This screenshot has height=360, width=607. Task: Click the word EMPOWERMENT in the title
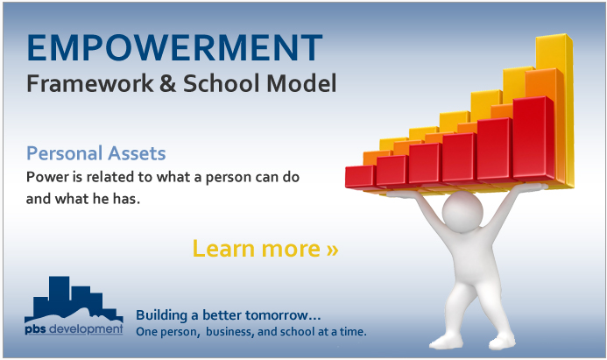tap(174, 47)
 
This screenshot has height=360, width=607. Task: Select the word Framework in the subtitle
tap(90, 83)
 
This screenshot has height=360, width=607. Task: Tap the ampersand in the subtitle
tap(167, 83)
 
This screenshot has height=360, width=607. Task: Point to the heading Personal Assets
tap(96, 153)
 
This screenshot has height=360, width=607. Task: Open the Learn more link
tap(265, 248)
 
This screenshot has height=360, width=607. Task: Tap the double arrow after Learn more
tap(332, 250)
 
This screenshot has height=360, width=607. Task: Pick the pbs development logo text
tap(74, 329)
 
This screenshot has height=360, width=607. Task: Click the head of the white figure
tap(462, 211)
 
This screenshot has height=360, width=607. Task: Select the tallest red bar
tap(533, 138)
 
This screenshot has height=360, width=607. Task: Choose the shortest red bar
tap(360, 177)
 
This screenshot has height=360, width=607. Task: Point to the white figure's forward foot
tap(446, 342)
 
